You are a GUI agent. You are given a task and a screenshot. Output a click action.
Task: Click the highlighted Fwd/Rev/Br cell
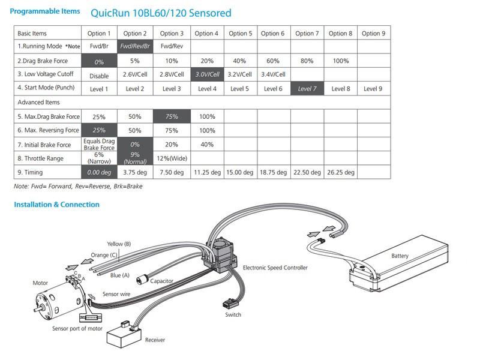[136, 46]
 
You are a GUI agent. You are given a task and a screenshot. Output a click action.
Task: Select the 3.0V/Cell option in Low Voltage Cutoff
[206, 74]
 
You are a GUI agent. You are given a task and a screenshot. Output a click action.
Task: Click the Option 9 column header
[373, 33]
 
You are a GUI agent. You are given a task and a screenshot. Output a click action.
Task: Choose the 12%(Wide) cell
[172, 158]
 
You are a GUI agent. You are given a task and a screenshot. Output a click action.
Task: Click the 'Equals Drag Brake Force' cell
[99, 145]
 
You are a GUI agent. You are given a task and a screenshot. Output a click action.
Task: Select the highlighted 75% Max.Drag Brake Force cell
[172, 116]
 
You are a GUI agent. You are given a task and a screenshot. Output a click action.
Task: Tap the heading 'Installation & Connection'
[56, 205]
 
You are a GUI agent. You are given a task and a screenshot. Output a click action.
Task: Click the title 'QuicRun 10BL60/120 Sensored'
[160, 13]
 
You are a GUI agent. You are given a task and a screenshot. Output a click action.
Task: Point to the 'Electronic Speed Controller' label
[275, 268]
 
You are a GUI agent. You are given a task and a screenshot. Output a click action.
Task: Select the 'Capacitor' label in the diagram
[162, 281]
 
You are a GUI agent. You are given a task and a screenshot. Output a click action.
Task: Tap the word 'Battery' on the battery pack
[400, 256]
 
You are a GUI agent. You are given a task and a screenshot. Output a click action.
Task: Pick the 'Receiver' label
[155, 340]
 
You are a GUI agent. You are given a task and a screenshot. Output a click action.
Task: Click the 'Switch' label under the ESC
[233, 315]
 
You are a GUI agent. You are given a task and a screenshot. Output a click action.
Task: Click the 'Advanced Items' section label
[38, 103]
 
